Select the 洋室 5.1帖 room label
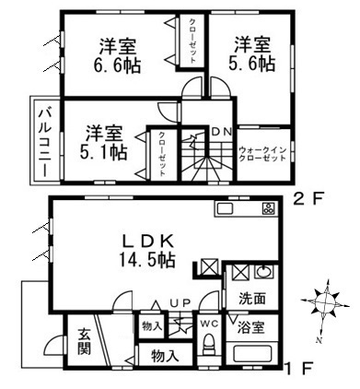click(x=107, y=142)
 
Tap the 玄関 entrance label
click(x=83, y=340)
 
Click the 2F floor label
click(x=308, y=197)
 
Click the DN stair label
click(x=221, y=131)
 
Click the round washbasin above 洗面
click(x=262, y=274)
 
